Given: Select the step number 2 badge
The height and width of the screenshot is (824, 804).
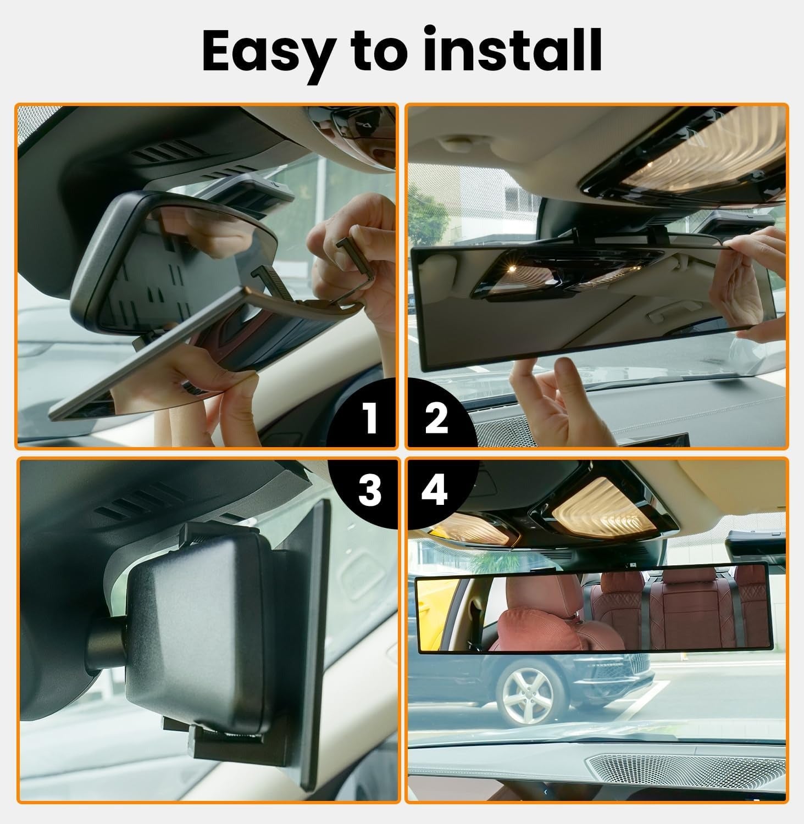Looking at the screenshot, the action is point(437,417).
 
